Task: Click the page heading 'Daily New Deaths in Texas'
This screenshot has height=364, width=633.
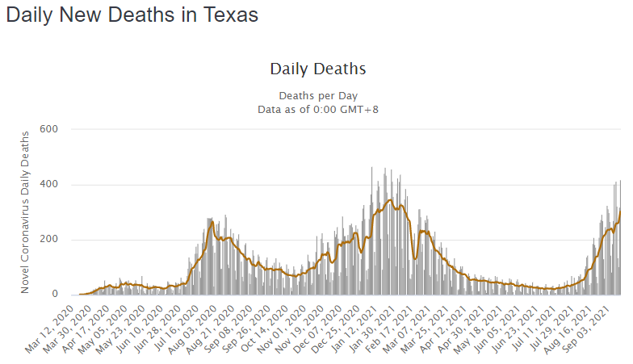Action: pyautogui.click(x=132, y=15)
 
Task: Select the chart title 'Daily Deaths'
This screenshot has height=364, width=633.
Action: pyautogui.click(x=317, y=69)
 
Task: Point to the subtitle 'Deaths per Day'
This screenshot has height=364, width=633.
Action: pyautogui.click(x=317, y=95)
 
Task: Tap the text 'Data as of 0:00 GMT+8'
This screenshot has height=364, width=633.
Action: pyautogui.click(x=317, y=109)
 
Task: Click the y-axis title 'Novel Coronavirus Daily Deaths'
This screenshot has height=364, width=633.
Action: pyautogui.click(x=25, y=211)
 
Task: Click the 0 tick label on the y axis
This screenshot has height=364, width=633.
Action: pyautogui.click(x=62, y=295)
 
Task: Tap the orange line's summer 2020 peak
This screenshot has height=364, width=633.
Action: pyautogui.click(x=212, y=222)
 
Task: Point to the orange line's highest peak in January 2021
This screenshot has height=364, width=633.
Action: pyautogui.click(x=391, y=199)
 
